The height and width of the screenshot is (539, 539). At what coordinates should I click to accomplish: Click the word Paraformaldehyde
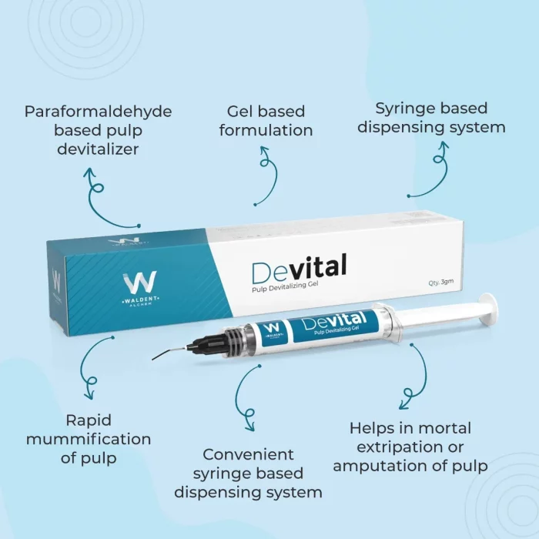pos(98,112)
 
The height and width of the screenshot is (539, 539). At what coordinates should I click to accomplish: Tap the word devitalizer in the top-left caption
pos(98,149)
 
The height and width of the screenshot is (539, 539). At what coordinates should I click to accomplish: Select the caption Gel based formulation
pos(266,121)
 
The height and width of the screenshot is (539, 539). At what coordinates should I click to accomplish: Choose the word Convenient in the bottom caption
pos(248,454)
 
